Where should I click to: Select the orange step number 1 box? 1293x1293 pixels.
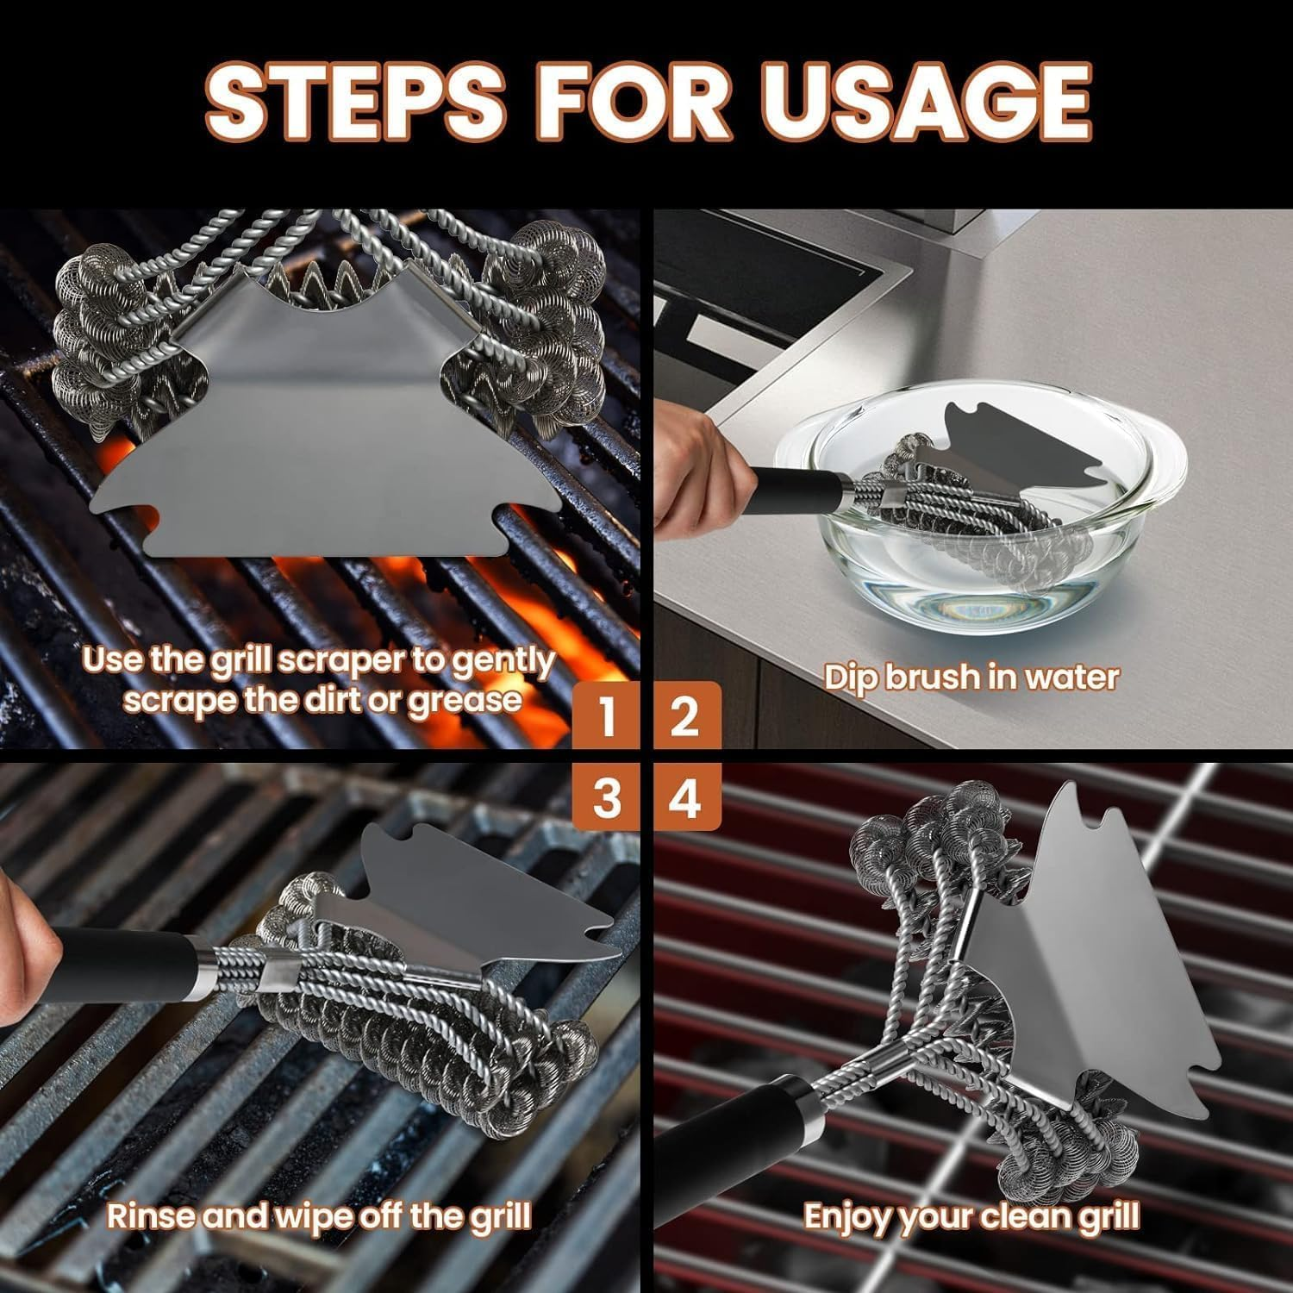tap(607, 715)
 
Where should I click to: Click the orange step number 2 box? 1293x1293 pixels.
tap(686, 715)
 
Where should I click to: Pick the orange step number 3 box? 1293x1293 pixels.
tap(607, 796)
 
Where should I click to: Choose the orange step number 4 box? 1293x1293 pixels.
tap(686, 796)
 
